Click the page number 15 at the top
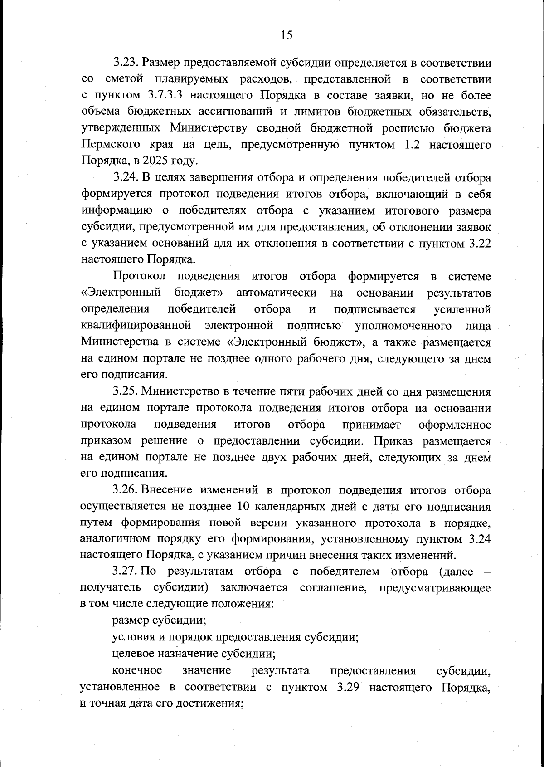(287, 35)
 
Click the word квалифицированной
(135, 326)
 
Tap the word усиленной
(462, 309)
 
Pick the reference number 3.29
(349, 687)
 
